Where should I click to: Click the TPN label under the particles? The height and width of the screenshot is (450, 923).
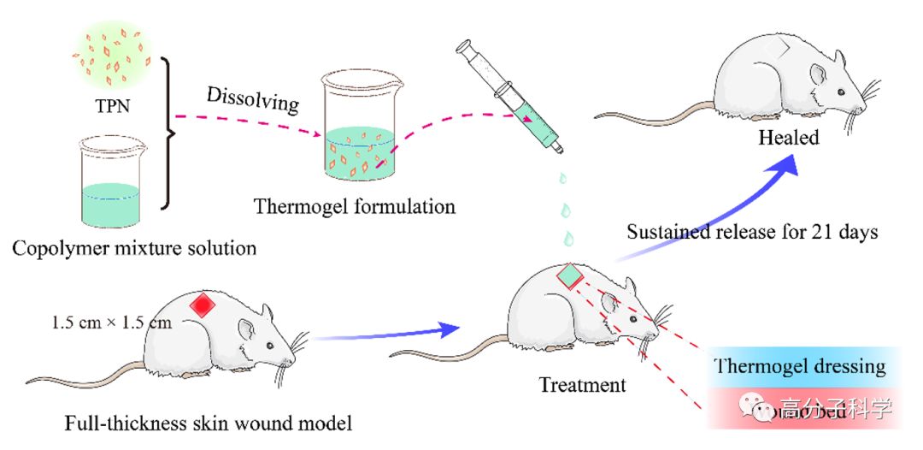pos(112,110)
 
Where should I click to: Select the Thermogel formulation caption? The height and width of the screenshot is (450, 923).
pos(354,206)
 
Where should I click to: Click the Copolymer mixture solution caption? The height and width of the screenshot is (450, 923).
pos(134,249)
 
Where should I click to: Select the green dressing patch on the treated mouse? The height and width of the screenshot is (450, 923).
pos(570,275)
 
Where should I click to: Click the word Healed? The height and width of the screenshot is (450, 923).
pos(789,138)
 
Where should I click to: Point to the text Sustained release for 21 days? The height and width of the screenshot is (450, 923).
pos(753,232)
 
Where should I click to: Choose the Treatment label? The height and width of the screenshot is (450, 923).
pos(582,385)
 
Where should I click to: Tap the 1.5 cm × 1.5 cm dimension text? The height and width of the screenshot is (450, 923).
pos(112,323)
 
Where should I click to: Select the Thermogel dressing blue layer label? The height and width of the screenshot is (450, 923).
pos(800,366)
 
